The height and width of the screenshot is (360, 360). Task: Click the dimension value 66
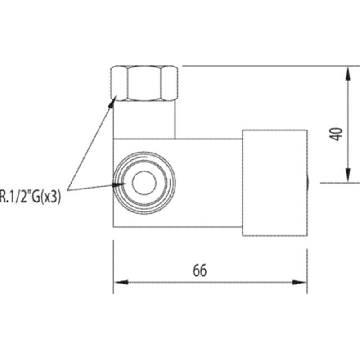coord(200,270)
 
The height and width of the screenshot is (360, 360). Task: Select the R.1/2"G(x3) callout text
coord(30,197)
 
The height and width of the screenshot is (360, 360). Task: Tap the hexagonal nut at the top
coord(144,83)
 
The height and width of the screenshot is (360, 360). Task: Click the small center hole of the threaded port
coord(144,183)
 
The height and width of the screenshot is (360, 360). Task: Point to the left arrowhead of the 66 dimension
coord(121,282)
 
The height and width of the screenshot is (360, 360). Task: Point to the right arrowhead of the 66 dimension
coord(299,282)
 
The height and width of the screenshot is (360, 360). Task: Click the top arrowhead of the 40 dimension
coord(348,73)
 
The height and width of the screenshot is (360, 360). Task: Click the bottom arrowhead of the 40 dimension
coord(348,175)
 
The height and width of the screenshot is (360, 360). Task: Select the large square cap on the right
coord(275,183)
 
